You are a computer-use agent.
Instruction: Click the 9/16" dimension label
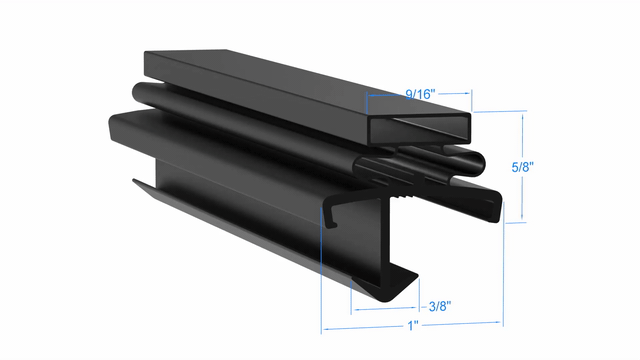point(420,94)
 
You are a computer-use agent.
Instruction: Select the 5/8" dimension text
point(522,167)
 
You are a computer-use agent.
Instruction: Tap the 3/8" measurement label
point(440,306)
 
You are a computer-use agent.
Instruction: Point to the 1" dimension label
point(413,326)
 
